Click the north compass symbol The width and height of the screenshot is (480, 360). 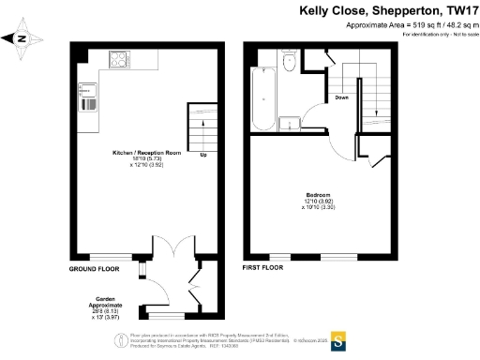[x=21, y=39]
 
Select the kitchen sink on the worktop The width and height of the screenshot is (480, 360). [x=88, y=97]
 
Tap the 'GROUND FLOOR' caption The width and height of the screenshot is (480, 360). [x=96, y=269]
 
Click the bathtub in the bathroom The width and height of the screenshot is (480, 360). [x=263, y=97]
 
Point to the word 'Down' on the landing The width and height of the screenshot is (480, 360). [x=343, y=97]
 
